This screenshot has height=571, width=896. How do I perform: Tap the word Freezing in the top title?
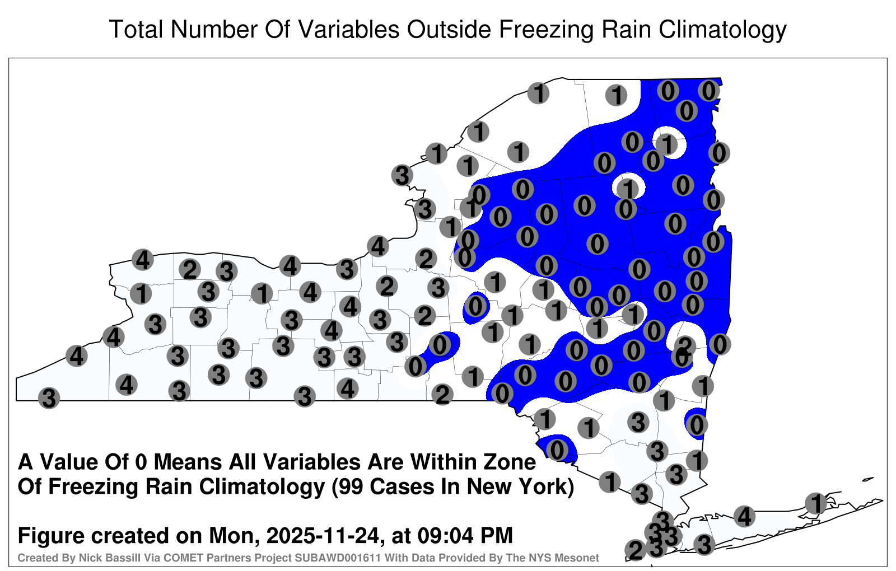coord(545,30)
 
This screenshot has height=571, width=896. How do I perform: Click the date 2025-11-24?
coord(322,535)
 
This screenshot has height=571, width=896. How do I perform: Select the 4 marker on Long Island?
coord(744,516)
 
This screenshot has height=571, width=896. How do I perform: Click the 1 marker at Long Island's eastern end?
coord(816,503)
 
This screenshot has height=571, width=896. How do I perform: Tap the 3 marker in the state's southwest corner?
coord(49,398)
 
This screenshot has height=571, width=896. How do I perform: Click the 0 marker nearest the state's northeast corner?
coord(709,91)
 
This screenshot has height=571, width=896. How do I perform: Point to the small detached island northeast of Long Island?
coord(868,479)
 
